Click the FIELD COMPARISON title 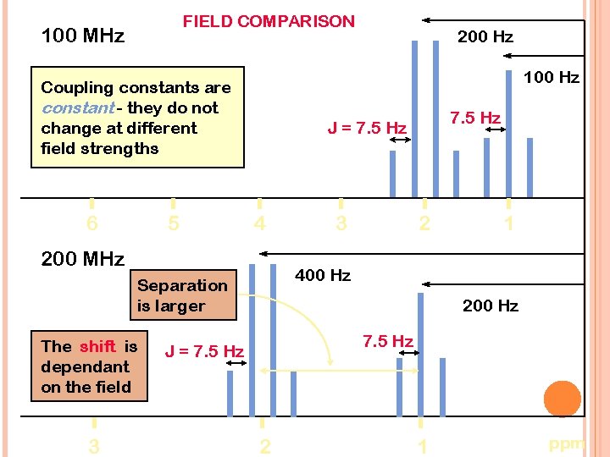tap(269, 22)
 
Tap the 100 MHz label tap(83, 36)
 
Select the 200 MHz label tap(83, 259)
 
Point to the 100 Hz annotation tap(551, 78)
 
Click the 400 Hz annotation tap(323, 275)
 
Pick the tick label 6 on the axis tap(91, 223)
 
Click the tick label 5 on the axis tap(173, 223)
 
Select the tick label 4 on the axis tap(259, 223)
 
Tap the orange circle tap(562, 399)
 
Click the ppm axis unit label tap(567, 443)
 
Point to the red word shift tap(97, 346)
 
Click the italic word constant tap(78, 108)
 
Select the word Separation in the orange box tap(182, 285)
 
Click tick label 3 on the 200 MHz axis tap(94, 446)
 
